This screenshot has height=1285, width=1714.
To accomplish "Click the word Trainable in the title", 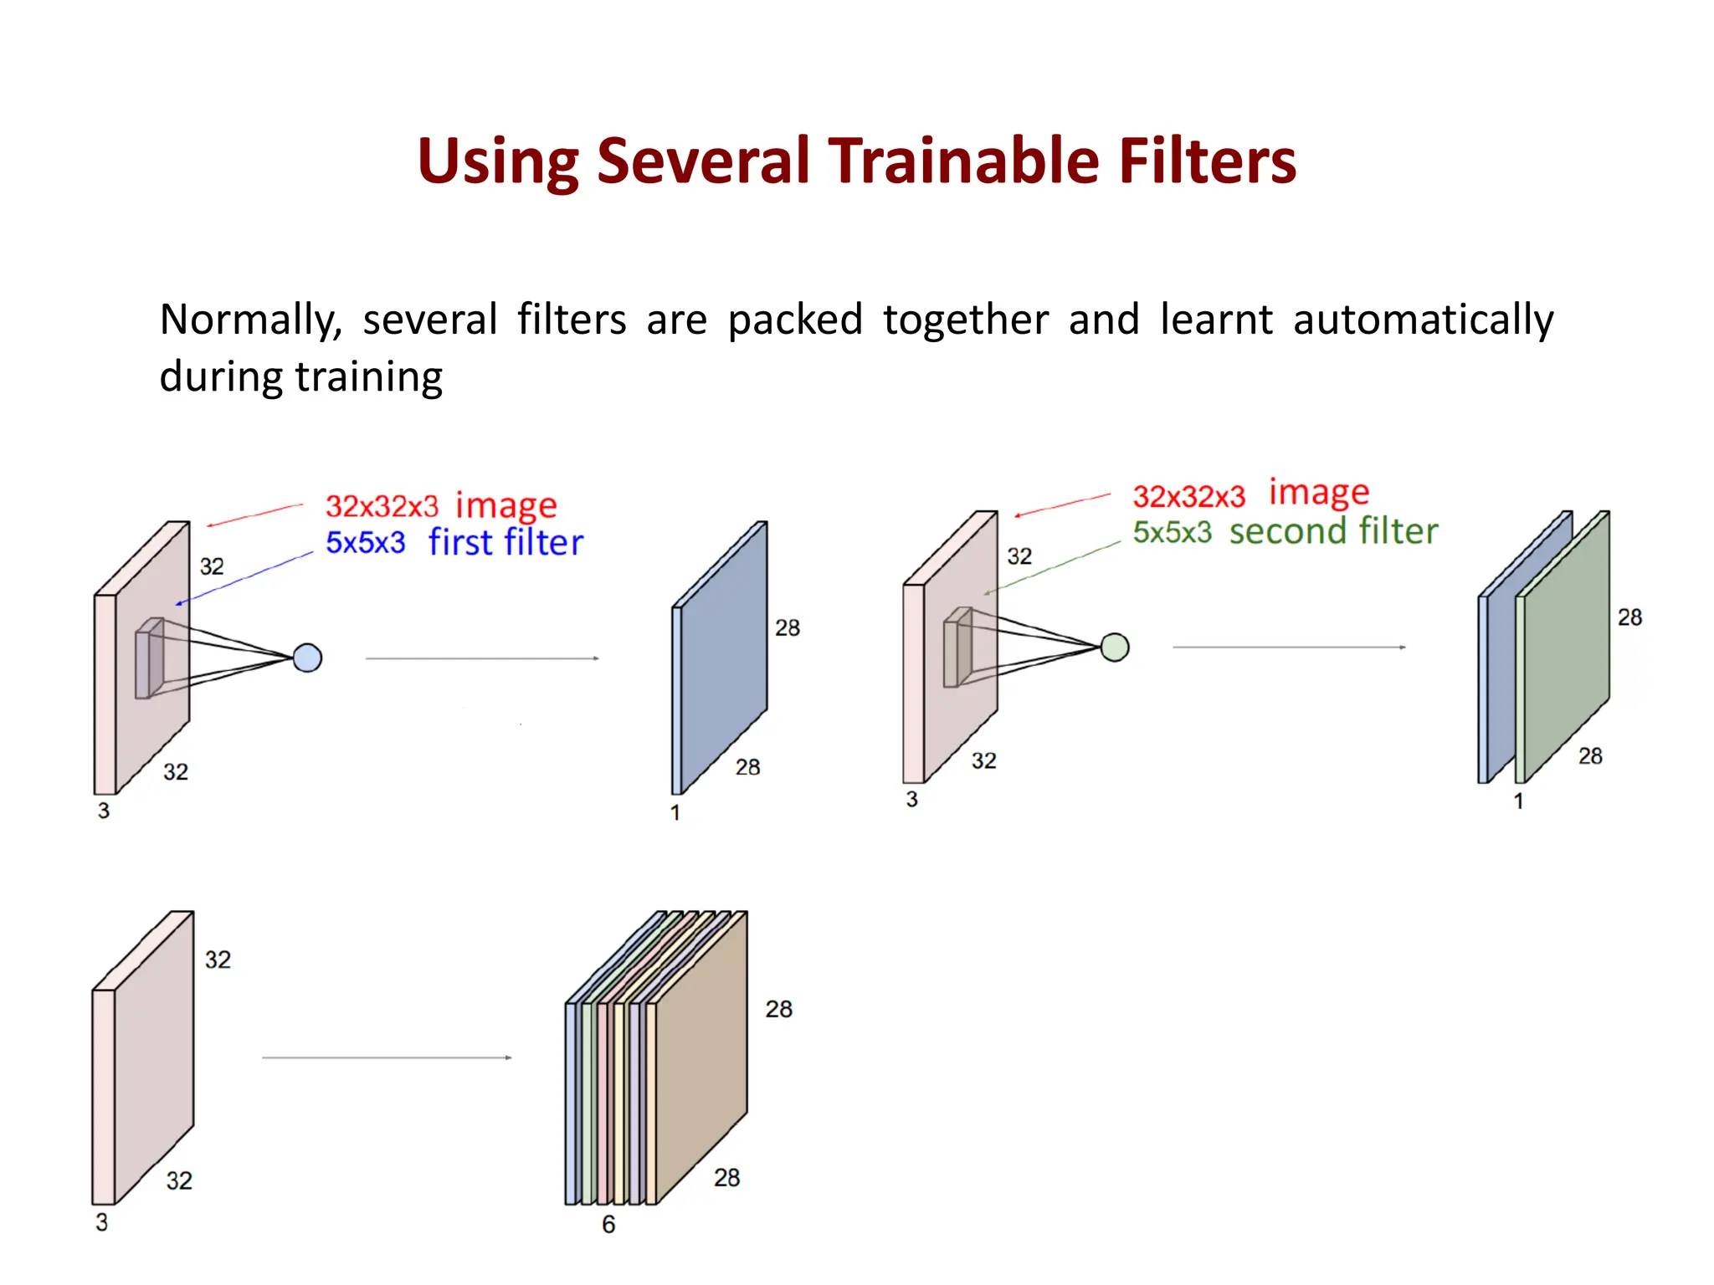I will (x=964, y=161).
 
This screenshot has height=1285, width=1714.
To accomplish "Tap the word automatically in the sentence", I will (x=1423, y=321).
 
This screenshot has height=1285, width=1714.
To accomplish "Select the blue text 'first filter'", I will (x=505, y=543).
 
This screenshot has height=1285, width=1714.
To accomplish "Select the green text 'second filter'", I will (x=1333, y=531).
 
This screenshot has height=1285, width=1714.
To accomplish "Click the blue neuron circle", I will (x=307, y=658).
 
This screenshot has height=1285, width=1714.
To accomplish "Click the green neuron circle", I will (x=1114, y=648).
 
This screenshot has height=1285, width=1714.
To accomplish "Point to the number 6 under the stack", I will (x=608, y=1225).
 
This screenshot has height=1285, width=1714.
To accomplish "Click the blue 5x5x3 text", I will (x=365, y=543).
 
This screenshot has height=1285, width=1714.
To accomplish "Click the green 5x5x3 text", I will (x=1172, y=532).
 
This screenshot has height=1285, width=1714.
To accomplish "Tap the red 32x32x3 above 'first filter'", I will (x=382, y=506).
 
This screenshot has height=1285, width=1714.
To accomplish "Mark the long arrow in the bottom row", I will (x=387, y=1057).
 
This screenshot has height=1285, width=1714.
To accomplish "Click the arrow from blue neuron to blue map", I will (x=482, y=658).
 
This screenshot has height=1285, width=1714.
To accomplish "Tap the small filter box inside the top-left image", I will (x=149, y=659).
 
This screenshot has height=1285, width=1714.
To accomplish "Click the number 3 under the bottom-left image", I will (x=101, y=1222).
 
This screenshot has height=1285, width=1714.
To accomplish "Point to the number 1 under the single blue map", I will (x=675, y=812).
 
